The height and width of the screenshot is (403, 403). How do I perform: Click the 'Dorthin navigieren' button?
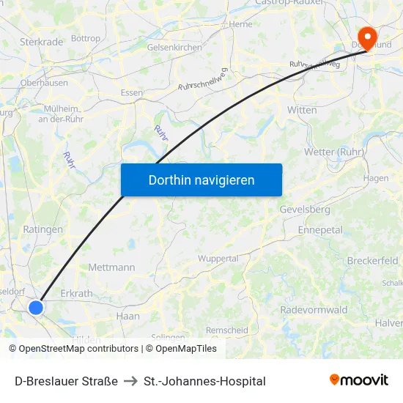click(202, 180)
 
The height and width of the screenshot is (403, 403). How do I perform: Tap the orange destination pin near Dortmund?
click(366, 37)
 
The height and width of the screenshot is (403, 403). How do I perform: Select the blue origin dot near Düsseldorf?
click(36, 308)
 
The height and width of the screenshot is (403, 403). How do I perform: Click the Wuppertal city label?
click(218, 259)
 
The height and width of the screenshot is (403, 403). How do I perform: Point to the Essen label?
click(132, 92)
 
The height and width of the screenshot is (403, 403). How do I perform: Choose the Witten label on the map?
click(303, 110)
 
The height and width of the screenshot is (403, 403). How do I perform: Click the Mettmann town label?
click(111, 267)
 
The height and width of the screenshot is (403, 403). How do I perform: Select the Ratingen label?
click(42, 229)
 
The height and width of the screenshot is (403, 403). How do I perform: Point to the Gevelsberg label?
click(305, 210)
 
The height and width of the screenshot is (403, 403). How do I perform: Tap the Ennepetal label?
click(320, 229)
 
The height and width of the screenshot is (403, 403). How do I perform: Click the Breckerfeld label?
click(372, 261)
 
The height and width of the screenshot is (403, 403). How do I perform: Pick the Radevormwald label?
click(314, 310)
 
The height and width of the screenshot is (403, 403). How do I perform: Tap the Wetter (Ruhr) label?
click(333, 152)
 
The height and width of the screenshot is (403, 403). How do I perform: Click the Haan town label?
click(127, 316)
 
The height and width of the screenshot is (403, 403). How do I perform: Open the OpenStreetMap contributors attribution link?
click(78, 349)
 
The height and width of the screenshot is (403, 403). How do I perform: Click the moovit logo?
click(359, 380)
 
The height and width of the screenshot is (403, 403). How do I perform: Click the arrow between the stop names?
click(130, 381)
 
